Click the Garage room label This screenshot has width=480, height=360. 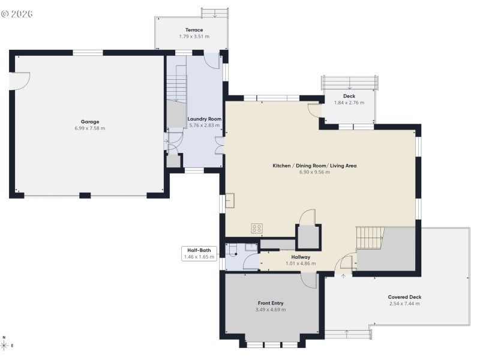[x=90, y=122]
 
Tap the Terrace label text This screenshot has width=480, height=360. [x=194, y=30]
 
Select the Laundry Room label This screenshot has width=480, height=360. [x=205, y=119]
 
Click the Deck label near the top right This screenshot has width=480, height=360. [x=349, y=96]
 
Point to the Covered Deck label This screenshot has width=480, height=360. [x=404, y=297]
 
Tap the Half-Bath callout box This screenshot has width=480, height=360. [x=198, y=253]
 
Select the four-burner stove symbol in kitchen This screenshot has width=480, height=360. [x=257, y=228]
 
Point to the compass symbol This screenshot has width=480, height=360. [x=5, y=346]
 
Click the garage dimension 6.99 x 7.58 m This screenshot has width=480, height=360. [x=90, y=128]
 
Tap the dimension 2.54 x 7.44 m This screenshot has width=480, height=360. [x=404, y=304]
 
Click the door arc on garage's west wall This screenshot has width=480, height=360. [x=19, y=80]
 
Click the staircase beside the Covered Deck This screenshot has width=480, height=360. [x=369, y=238]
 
